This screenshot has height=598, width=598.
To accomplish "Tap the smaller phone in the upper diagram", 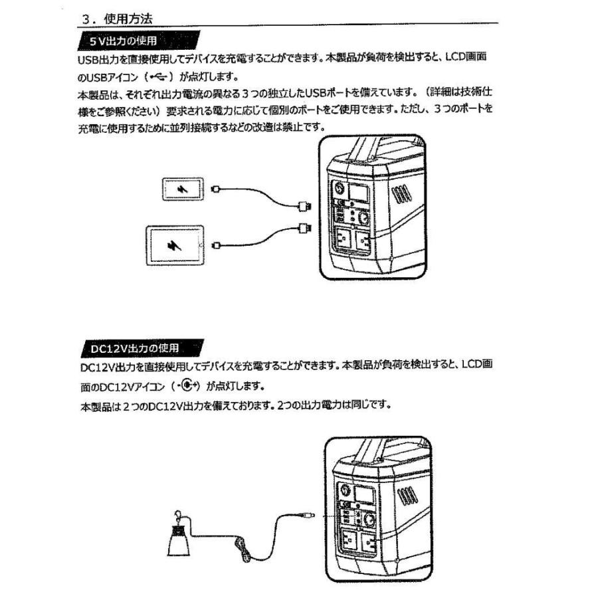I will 181,190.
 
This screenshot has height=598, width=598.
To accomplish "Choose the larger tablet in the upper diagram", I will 174,245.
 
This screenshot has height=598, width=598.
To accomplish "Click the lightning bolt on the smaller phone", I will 181,190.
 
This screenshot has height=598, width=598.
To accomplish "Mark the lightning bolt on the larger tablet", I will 174,246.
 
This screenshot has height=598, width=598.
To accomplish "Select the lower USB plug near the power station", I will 305,227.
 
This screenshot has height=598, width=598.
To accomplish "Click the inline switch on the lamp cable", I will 242,546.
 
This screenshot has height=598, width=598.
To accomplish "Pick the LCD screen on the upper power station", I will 359,192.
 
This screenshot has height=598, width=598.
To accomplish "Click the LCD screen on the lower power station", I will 367,494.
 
